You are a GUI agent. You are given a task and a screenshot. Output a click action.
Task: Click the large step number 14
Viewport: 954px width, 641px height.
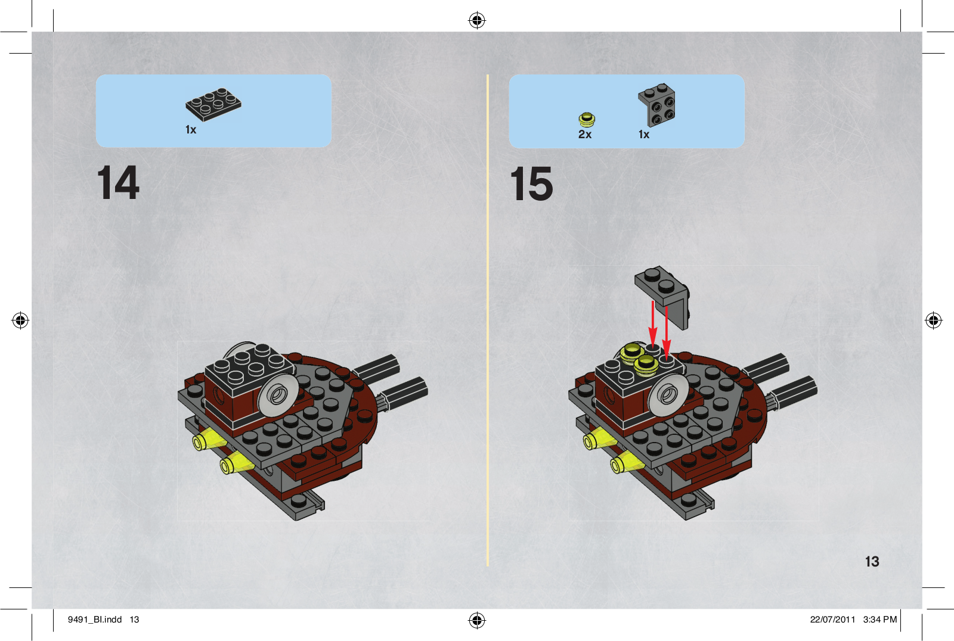119,183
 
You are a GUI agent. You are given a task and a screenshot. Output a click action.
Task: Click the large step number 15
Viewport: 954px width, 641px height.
531,183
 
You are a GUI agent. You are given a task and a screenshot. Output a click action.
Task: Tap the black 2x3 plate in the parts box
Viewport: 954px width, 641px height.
213,104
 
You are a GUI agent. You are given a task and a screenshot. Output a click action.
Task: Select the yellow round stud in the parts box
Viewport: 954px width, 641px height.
587,120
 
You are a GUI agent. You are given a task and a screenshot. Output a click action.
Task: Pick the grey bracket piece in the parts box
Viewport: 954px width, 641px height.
657,105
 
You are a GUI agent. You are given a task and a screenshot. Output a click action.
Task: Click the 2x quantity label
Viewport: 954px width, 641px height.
585,135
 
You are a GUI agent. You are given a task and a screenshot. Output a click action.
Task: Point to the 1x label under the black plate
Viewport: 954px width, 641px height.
191,129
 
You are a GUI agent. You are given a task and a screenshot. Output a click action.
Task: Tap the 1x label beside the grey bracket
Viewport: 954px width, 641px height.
644,135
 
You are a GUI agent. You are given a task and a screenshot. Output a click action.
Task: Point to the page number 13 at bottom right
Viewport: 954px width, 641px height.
872,561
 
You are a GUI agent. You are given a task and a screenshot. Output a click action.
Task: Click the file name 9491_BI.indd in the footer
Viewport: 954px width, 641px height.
95,620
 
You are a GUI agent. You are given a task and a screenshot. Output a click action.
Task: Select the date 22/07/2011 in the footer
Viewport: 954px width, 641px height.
832,620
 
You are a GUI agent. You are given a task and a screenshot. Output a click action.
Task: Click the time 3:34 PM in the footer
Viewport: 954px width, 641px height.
880,620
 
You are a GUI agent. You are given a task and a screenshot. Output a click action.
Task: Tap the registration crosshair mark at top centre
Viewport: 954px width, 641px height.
477,20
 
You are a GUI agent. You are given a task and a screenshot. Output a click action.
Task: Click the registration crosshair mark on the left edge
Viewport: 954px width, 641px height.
20,320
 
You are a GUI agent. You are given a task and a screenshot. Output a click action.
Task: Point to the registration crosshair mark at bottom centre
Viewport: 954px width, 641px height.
477,620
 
